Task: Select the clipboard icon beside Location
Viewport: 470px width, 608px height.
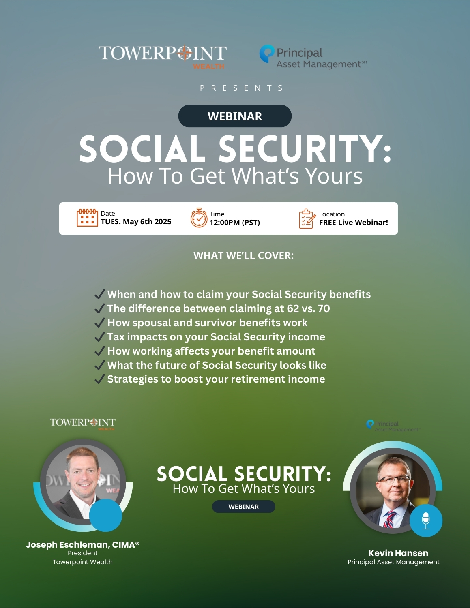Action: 307,218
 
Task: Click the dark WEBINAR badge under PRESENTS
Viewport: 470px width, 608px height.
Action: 235,116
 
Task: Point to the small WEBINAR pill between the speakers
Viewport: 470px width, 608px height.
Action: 244,507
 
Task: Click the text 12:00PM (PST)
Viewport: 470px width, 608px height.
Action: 235,223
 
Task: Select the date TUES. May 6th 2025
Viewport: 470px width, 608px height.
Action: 136,222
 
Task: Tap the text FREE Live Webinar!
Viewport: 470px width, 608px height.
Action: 354,223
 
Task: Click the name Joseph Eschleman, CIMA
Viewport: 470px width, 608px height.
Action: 83,544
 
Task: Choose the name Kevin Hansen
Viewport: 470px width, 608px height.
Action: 398,553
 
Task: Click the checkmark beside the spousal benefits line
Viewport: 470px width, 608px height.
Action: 100,323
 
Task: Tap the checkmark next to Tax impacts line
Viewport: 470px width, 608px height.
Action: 100,337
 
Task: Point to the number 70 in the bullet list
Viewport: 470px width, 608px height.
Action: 324,308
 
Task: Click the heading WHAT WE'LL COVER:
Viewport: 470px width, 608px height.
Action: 244,255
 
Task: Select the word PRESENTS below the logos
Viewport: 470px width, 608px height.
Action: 242,88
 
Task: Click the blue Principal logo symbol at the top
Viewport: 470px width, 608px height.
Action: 266,54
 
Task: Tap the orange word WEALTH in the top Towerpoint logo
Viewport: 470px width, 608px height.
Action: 208,66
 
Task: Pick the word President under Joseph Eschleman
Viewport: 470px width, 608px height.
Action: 83,553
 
